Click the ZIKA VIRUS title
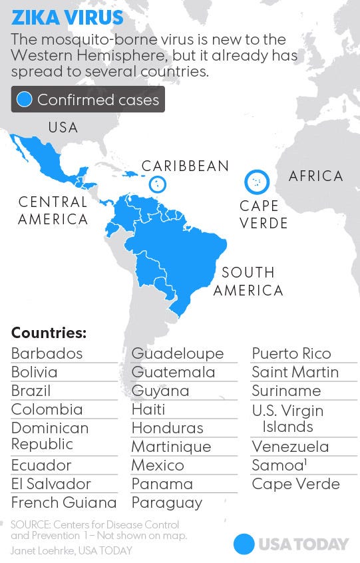coord(67,17)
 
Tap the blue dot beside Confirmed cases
coord(25,100)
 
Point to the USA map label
coord(63,127)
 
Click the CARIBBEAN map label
coord(185,166)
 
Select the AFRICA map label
coord(315,176)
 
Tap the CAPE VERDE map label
coord(264,214)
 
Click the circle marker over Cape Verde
coord(256,181)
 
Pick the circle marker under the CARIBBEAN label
coord(157,184)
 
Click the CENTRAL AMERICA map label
coord(53,210)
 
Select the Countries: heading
coord(49,333)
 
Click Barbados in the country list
coord(47,353)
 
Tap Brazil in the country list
coord(31,391)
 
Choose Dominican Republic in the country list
coord(50,436)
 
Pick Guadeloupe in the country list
coord(178,353)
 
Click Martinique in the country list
coord(171,447)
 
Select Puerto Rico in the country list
coord(291,353)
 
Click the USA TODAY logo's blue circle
coord(244,544)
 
